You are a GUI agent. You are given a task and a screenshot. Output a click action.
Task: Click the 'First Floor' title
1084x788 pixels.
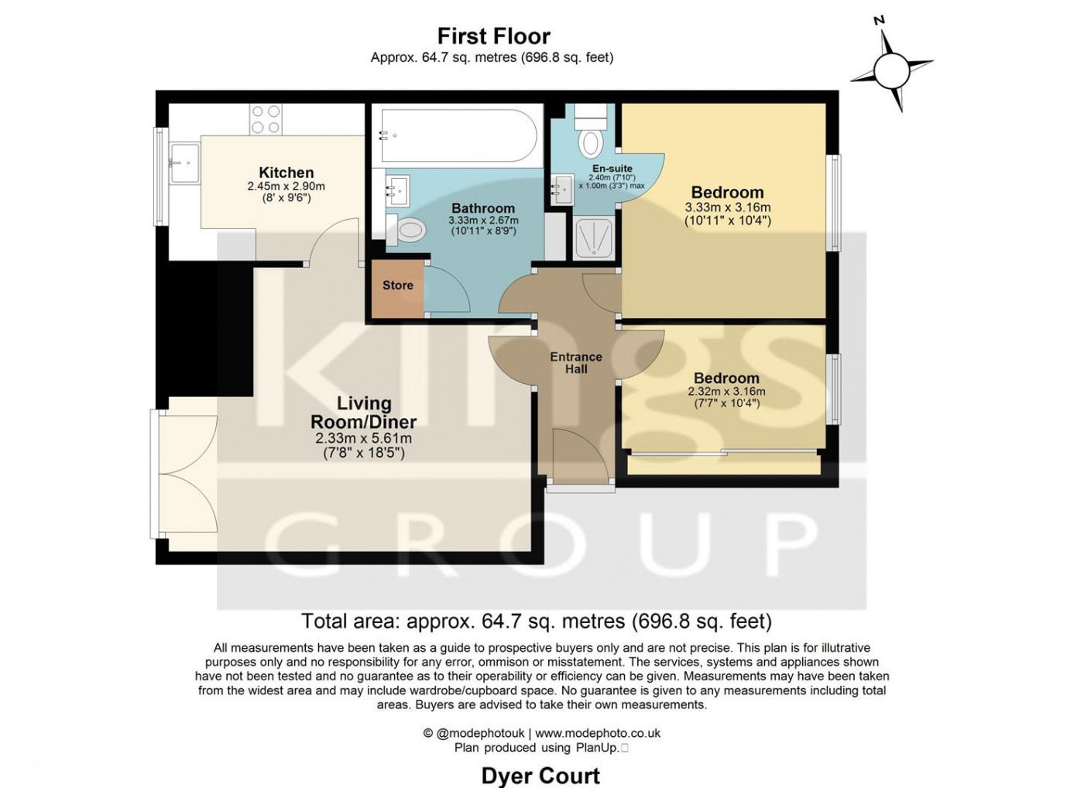(x=494, y=36)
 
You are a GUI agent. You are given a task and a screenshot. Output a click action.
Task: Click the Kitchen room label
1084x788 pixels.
(x=286, y=172)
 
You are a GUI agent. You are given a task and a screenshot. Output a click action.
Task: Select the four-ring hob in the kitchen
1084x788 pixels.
(x=266, y=119)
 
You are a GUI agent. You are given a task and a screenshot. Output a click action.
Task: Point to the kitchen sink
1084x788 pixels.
(x=184, y=163)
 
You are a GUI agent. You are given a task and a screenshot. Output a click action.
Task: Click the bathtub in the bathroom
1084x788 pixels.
(x=458, y=135)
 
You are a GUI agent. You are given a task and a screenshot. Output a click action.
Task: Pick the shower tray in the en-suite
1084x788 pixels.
(x=594, y=238)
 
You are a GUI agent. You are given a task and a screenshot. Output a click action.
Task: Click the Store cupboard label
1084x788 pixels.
(x=398, y=286)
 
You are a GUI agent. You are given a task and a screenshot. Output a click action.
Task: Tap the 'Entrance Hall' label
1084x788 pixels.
(x=576, y=363)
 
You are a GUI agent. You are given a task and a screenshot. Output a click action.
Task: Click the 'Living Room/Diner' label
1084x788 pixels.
(x=363, y=413)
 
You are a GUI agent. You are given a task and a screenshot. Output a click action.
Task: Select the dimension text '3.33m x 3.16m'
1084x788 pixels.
(x=728, y=207)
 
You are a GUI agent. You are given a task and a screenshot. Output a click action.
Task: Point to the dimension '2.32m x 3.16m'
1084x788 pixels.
(x=727, y=392)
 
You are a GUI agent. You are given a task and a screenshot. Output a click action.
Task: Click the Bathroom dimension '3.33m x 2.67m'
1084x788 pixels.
(x=483, y=221)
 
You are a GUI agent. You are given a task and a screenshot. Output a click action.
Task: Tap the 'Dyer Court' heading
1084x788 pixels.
(x=540, y=776)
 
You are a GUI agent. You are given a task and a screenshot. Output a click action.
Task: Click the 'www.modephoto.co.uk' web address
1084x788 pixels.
(x=598, y=733)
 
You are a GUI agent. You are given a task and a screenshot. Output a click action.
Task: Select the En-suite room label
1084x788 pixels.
(x=612, y=168)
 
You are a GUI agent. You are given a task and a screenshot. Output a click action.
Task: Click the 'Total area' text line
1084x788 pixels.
(x=537, y=621)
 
